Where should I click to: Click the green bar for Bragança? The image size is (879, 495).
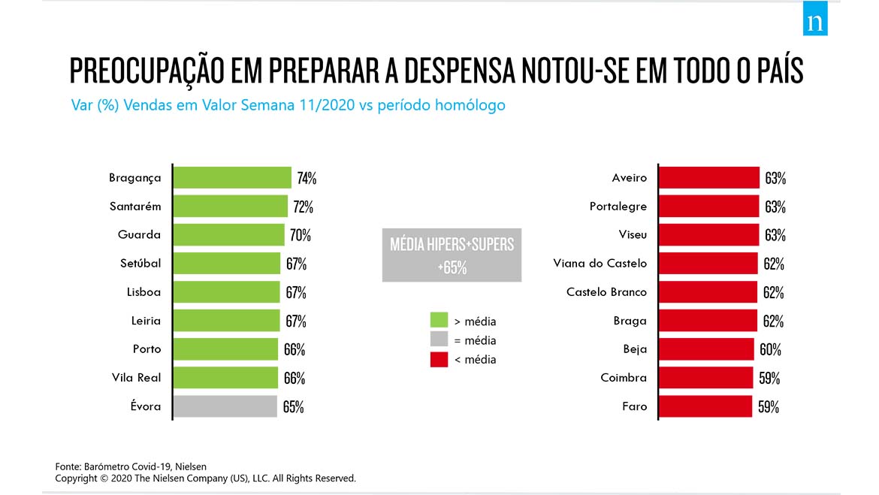[232, 178]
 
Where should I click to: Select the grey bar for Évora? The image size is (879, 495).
[225, 406]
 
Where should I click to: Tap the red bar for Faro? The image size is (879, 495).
[705, 406]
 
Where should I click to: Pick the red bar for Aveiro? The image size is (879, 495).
[708, 178]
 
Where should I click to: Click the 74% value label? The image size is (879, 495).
[307, 178]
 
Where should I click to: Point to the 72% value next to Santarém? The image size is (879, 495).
[303, 207]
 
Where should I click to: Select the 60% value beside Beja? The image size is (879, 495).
[770, 349]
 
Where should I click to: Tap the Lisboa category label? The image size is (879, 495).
[143, 292]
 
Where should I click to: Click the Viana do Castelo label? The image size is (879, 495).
[600, 264]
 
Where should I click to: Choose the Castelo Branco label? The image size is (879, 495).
[606, 292]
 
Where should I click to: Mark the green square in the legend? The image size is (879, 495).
[439, 321]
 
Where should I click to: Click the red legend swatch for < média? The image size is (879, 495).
[439, 359]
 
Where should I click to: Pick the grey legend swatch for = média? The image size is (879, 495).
[439, 340]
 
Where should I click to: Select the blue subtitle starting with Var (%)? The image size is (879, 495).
[288, 105]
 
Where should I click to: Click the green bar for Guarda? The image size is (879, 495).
[228, 235]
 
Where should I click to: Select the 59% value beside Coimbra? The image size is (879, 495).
[769, 378]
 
